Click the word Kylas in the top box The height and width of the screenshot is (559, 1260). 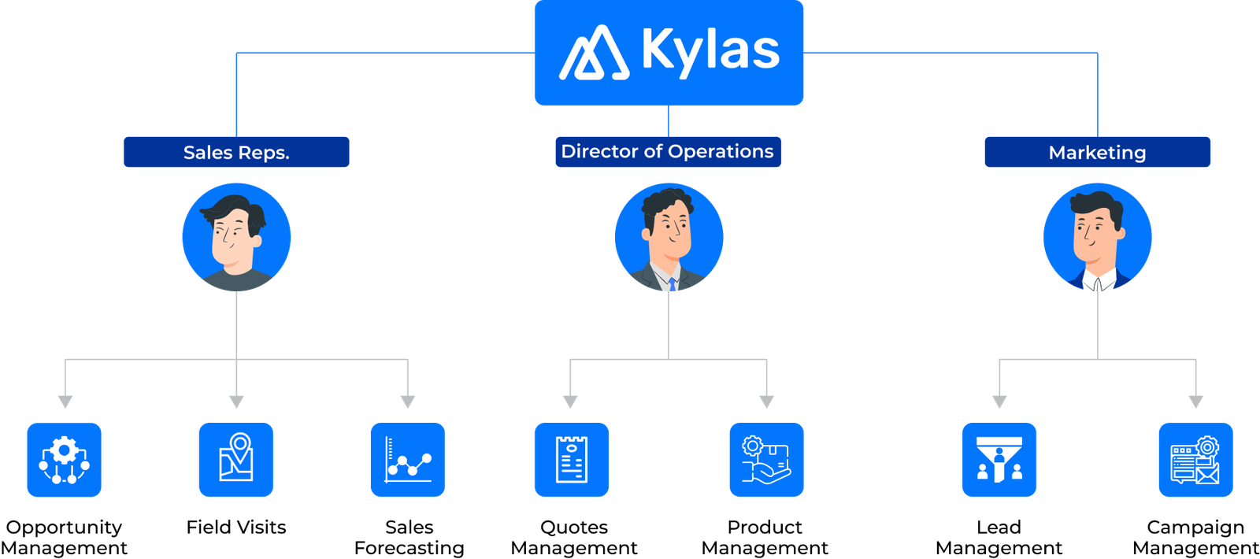[710, 50]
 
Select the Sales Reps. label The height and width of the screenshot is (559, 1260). [236, 152]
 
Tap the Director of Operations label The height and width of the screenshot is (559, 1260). [668, 151]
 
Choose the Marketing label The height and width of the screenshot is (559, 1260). [1097, 152]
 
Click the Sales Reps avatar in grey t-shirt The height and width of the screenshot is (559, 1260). [236, 237]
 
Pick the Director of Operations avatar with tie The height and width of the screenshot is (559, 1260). [669, 237]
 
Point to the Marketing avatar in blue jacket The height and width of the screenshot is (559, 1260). [1097, 237]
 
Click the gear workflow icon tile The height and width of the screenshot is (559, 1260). [64, 460]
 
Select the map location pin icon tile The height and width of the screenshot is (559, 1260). [236, 460]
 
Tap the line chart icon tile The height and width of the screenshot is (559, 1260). [408, 460]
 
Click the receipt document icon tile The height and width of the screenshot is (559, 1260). [571, 460]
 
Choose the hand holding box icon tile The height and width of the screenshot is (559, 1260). [766, 460]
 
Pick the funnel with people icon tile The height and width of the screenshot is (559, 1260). [999, 460]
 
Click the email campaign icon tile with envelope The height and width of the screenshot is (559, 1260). [1195, 460]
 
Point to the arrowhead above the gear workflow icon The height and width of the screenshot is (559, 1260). [65, 402]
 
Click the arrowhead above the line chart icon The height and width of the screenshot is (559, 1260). [408, 402]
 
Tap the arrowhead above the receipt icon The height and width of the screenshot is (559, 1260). [570, 402]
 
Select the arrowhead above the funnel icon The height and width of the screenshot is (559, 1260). [999, 402]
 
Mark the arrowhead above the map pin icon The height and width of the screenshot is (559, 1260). [236, 402]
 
